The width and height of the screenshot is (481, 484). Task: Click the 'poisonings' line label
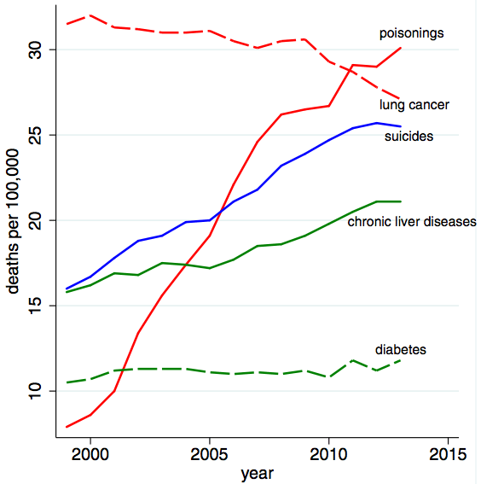(412, 34)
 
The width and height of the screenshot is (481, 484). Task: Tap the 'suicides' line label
(409, 137)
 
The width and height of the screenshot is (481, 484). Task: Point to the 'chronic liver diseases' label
(411, 222)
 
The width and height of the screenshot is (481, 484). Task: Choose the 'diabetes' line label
(401, 350)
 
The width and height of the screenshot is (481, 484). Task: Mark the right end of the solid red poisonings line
(401, 48)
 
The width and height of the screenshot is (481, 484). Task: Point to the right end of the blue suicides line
(401, 126)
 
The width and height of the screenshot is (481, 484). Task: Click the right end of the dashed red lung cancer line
(401, 99)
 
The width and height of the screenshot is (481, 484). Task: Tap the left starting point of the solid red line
(67, 427)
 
